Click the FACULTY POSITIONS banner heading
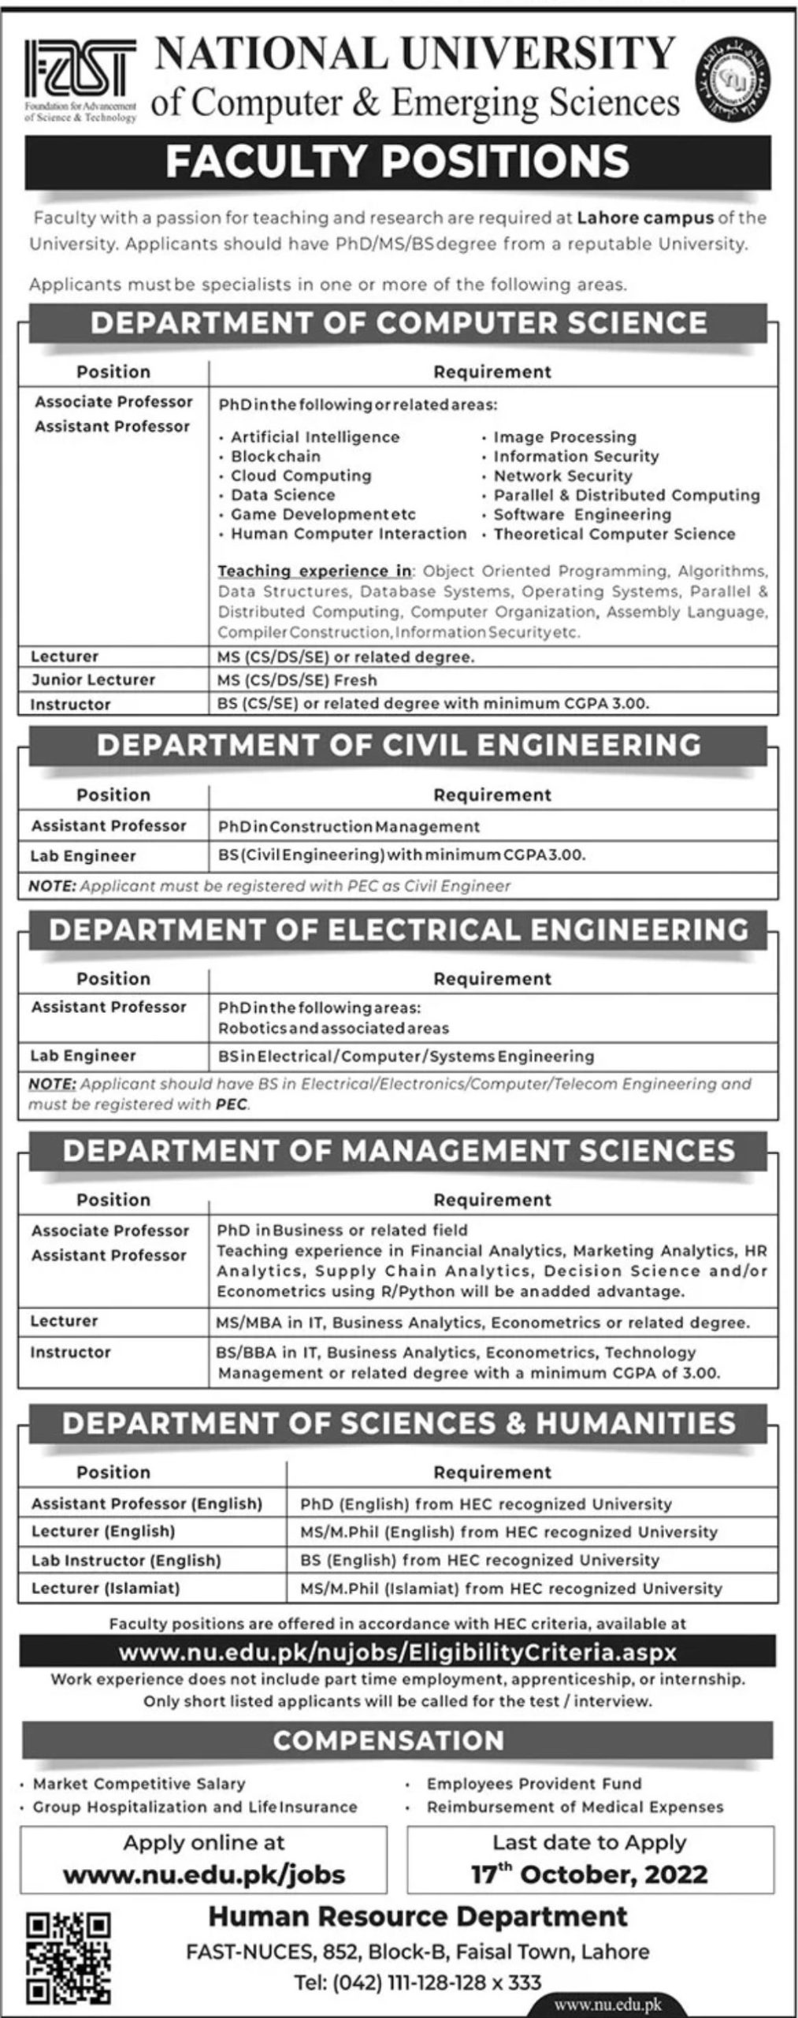pyautogui.click(x=398, y=162)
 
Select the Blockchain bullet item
pyautogui.click(x=275, y=456)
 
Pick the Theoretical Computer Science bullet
pyautogui.click(x=614, y=534)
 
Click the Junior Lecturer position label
pyautogui.click(x=93, y=679)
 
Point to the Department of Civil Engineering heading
pyautogui.click(x=398, y=745)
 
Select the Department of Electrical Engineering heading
pyautogui.click(x=398, y=930)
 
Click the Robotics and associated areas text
pyautogui.click(x=333, y=1028)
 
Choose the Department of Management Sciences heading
pyautogui.click(x=398, y=1151)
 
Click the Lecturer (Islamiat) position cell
pyautogui.click(x=106, y=1588)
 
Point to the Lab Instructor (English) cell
pyautogui.click(x=126, y=1560)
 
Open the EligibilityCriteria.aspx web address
pyautogui.click(x=398, y=1653)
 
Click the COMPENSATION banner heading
pyautogui.click(x=388, y=1740)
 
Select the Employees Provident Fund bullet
pyautogui.click(x=534, y=1784)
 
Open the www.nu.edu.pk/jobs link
pyautogui.click(x=204, y=1874)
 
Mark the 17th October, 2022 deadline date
pyautogui.click(x=589, y=1874)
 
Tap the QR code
pyautogui.click(x=69, y=1959)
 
